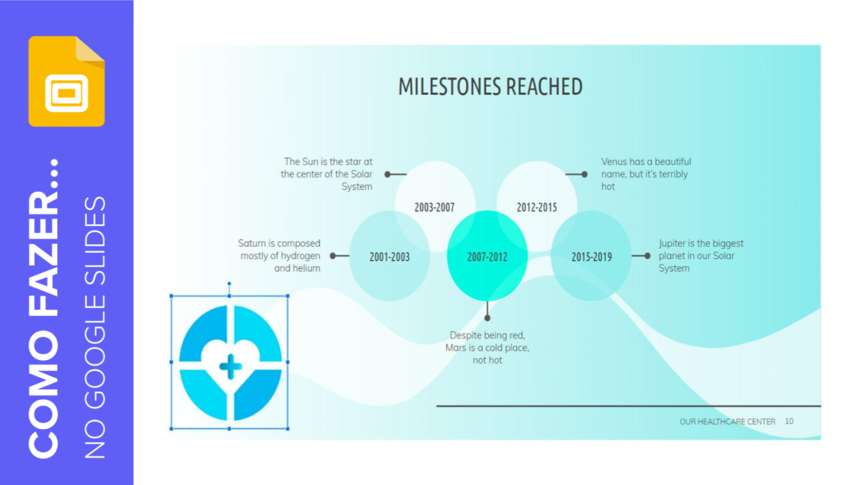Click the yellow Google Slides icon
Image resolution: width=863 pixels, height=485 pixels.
[67, 81]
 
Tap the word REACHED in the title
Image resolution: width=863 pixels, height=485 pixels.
[544, 87]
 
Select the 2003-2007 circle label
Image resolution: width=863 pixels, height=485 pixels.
[434, 207]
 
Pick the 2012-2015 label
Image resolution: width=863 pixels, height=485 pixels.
[537, 207]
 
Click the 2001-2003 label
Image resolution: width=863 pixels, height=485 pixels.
[389, 257]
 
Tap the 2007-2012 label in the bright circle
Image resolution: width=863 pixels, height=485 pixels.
[487, 257]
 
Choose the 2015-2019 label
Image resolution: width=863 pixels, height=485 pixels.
[592, 257]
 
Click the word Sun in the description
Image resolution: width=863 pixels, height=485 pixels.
[310, 162]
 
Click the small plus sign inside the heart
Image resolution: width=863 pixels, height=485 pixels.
[231, 366]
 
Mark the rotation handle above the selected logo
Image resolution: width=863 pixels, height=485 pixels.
[229, 284]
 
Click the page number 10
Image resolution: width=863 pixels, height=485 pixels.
[789, 421]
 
